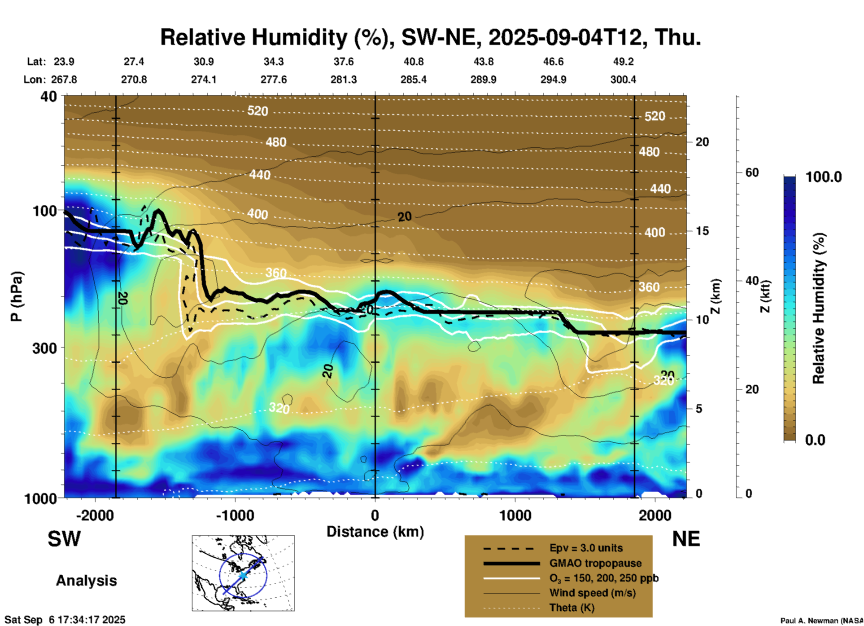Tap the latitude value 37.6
pyautogui.click(x=343, y=62)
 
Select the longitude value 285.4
pyautogui.click(x=413, y=80)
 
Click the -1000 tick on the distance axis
pyautogui.click(x=235, y=516)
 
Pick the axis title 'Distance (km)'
pyautogui.click(x=375, y=532)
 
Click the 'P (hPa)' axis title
pyautogui.click(x=17, y=296)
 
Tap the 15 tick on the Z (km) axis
pyautogui.click(x=702, y=231)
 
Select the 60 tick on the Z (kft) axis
pyautogui.click(x=752, y=173)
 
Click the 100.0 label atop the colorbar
pyautogui.click(x=824, y=177)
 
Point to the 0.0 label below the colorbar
pyautogui.click(x=815, y=440)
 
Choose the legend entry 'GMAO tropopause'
pyautogui.click(x=595, y=563)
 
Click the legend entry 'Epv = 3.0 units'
pyautogui.click(x=586, y=548)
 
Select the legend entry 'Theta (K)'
pyautogui.click(x=572, y=608)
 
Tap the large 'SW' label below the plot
pyautogui.click(x=64, y=539)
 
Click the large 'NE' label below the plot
pyautogui.click(x=686, y=539)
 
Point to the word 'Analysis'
pyautogui.click(x=86, y=581)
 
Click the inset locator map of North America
pyautogui.click(x=243, y=573)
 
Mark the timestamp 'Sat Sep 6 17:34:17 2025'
pyautogui.click(x=65, y=620)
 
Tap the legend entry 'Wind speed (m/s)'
pyautogui.click(x=592, y=593)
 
